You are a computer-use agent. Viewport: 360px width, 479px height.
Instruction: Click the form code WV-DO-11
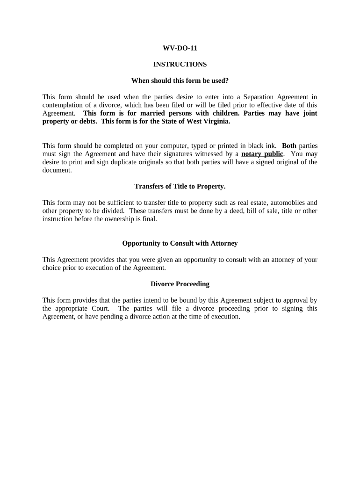coord(180,48)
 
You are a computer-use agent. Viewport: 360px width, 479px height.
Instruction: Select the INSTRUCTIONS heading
coord(180,64)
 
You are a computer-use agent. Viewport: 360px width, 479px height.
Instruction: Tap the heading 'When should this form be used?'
coord(180,80)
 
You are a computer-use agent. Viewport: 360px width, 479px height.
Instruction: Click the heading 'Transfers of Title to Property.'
coord(180,186)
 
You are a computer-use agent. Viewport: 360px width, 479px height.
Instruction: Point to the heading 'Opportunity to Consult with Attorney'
coord(180,243)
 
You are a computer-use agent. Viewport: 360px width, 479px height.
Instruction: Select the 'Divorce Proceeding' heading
coord(180,284)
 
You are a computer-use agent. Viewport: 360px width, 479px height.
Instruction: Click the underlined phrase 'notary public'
coord(262,154)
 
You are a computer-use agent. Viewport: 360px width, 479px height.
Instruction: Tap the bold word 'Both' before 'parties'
coord(289,145)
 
